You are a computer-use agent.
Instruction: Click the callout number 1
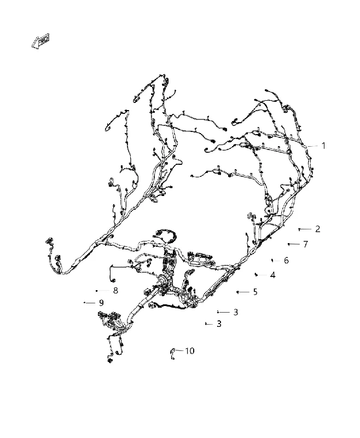coord(323,146)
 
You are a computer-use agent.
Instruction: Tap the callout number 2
coord(317,229)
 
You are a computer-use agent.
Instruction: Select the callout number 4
coord(272,275)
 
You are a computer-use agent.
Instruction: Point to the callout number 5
coord(255,292)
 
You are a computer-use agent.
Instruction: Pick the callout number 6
coord(286,261)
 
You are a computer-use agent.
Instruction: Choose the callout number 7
coord(306,244)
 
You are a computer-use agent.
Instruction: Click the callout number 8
coord(115,291)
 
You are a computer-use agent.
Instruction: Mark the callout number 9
coord(101,303)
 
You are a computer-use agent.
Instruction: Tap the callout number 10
coord(190,351)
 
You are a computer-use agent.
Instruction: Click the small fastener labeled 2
coord(299,229)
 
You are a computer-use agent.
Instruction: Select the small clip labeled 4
coord(256,275)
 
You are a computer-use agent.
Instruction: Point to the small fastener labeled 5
coord(237,292)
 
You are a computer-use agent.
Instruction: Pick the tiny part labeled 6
coord(272,260)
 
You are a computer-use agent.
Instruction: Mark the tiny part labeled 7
coord(288,244)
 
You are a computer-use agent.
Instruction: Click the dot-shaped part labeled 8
coord(96,291)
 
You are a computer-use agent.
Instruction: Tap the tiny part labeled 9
coord(84,303)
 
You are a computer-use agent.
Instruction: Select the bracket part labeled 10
coord(173,354)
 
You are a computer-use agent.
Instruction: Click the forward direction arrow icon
coord(40,42)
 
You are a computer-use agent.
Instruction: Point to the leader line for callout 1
coord(313,146)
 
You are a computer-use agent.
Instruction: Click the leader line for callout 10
coord(179,350)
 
